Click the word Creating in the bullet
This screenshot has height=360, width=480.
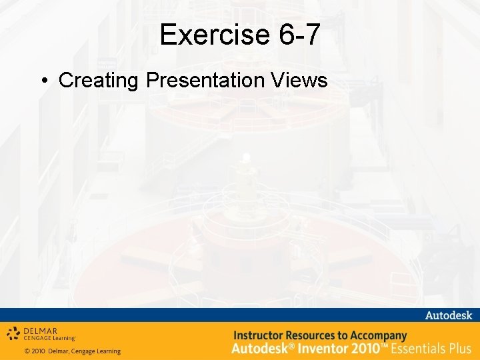(x=99, y=81)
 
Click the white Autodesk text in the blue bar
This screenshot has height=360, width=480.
(x=448, y=315)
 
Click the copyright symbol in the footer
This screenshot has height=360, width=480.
(x=27, y=351)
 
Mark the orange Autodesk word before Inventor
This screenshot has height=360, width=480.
(x=260, y=348)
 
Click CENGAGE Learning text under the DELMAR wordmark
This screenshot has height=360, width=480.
(x=49, y=339)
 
